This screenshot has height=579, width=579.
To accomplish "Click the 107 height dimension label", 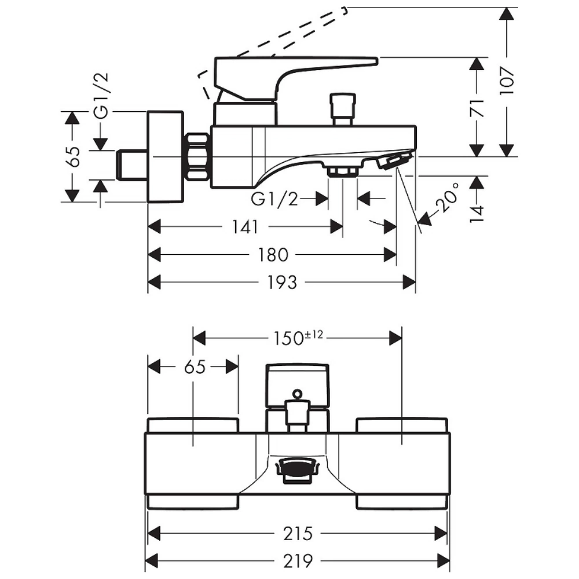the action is tap(507, 81).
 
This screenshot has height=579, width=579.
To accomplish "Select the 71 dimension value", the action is tap(477, 107).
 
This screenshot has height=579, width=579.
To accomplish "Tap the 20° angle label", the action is tap(447, 197).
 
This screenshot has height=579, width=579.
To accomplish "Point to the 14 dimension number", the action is tap(477, 214).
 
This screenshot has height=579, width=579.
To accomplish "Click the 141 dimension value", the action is tap(245, 227).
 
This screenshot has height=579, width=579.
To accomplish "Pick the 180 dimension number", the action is tap(273, 255).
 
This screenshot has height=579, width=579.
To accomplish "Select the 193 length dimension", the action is tap(282, 283).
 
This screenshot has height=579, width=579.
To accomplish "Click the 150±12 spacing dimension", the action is tap(298, 338).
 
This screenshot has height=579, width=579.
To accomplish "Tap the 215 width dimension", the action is tap(298, 534).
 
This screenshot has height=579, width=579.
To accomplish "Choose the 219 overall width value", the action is tap(298, 562).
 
